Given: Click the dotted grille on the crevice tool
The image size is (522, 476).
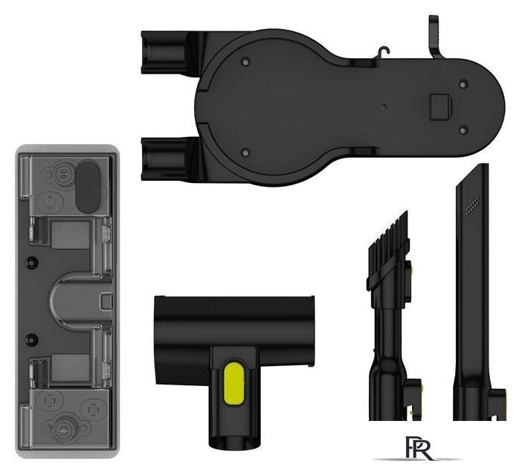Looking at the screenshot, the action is coord(472,205).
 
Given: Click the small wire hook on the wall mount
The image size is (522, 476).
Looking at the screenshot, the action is coord(384,52).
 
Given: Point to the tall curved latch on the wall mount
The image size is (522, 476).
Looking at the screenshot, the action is coord(436,37).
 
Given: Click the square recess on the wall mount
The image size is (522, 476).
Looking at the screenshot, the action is coord(439,107).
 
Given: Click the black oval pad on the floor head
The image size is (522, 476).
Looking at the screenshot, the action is coord(88,187).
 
